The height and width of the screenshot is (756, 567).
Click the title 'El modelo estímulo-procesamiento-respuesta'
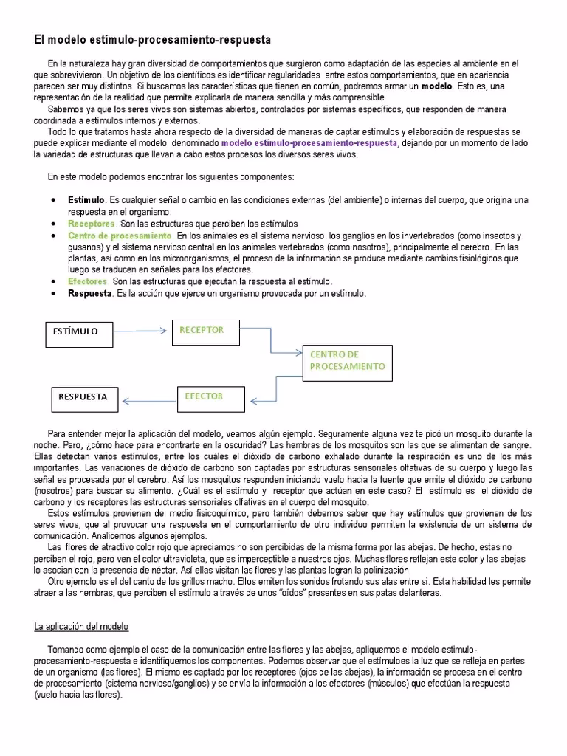coord(153,38)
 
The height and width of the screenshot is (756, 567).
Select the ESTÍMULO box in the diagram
coord(79,331)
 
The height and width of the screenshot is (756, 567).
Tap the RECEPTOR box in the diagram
coord(207,331)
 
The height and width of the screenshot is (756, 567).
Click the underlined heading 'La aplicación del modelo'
coord(81,627)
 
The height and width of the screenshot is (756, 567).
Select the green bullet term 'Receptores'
coord(92,224)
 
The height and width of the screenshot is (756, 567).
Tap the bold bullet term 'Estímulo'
coord(86,201)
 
